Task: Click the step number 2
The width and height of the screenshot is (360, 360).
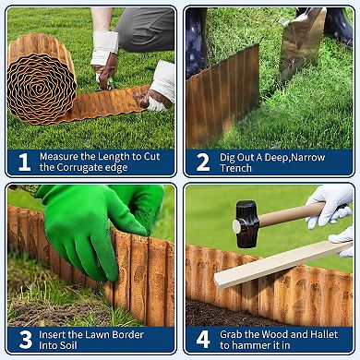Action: coord(202,162)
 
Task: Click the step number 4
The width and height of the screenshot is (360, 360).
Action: coord(202,339)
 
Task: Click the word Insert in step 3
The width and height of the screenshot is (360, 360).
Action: coord(56,332)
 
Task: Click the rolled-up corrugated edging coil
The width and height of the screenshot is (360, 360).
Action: coord(41,79)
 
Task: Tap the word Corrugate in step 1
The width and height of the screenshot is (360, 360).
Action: coord(86,168)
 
